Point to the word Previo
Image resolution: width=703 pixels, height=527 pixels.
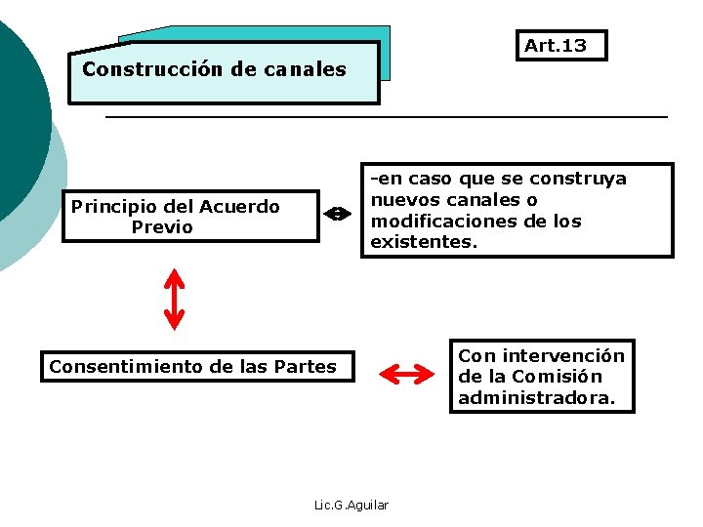tap(162, 227)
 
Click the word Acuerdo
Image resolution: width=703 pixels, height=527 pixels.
tap(240, 206)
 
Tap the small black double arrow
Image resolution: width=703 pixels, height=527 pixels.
tap(335, 214)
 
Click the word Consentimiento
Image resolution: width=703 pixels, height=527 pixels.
tap(126, 367)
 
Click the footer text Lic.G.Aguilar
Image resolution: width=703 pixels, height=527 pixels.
tap(351, 505)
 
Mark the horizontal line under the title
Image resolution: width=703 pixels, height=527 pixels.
tap(386, 117)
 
